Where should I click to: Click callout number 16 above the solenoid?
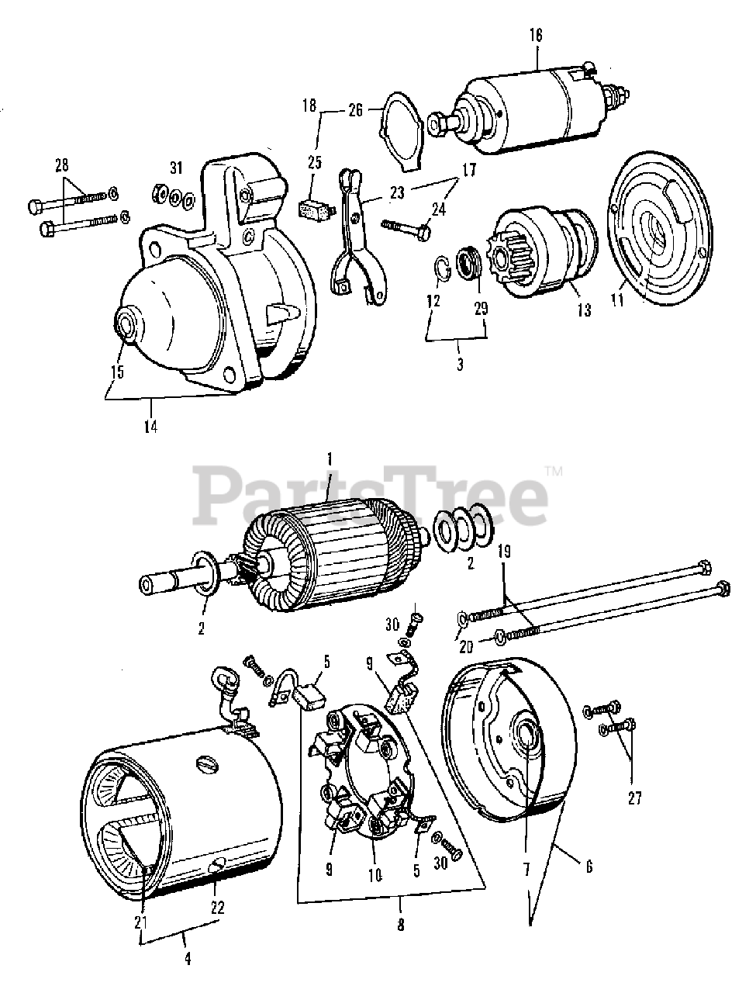tap(537, 35)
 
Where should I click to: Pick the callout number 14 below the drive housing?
tap(150, 426)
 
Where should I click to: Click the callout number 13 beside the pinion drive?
tap(584, 310)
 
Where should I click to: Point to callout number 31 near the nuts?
tap(175, 168)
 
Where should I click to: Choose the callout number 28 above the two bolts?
tap(62, 164)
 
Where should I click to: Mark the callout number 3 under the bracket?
tap(460, 363)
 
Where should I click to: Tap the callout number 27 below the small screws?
tap(635, 799)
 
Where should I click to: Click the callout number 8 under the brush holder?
tap(401, 923)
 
